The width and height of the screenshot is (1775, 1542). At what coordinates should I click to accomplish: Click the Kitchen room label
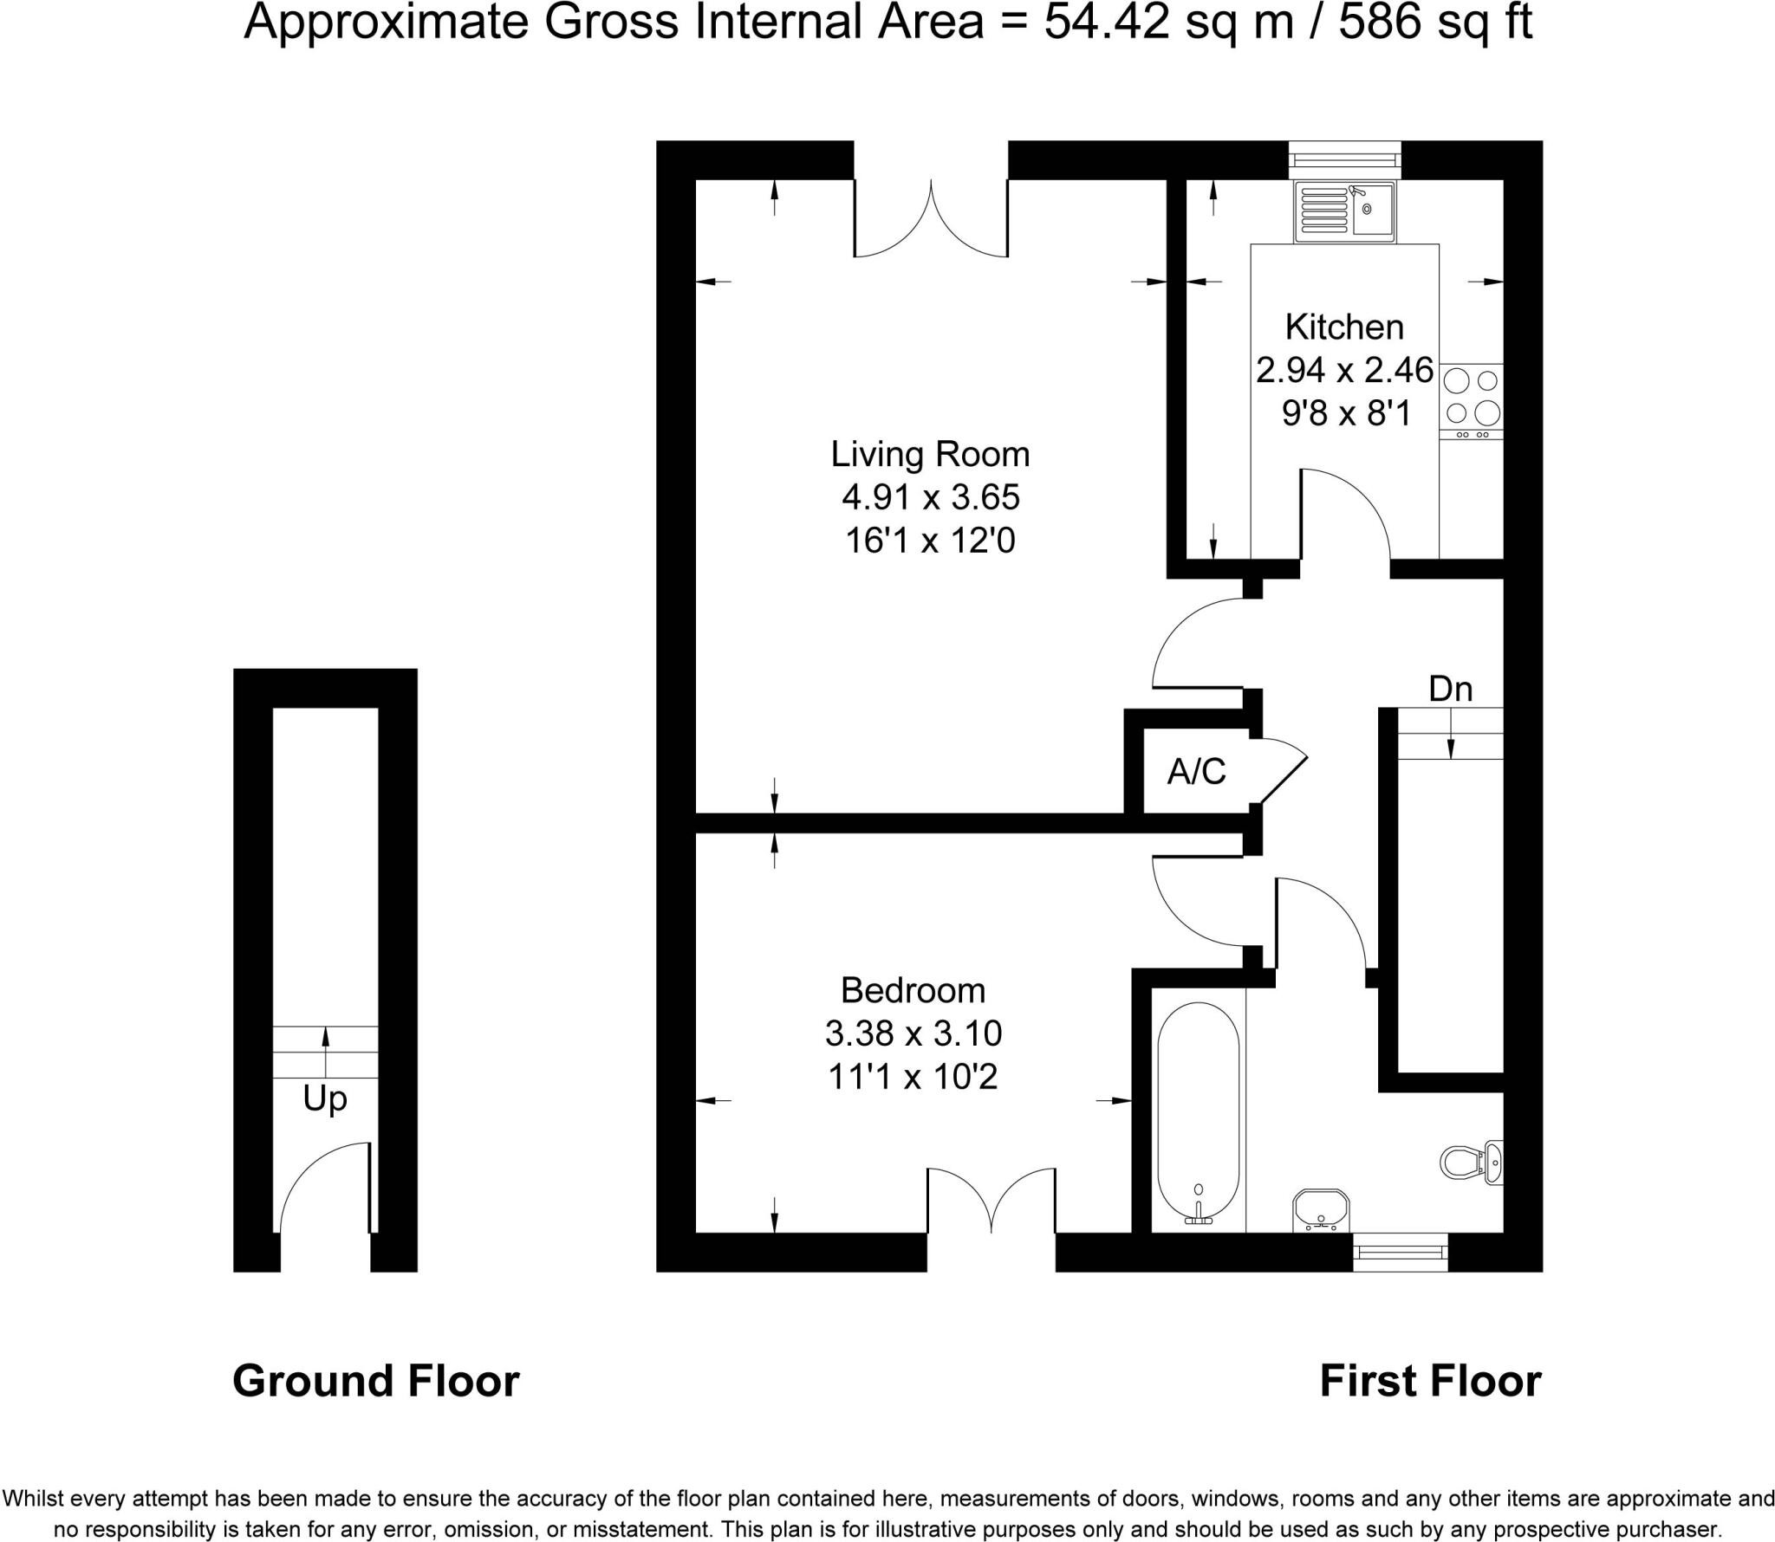[x=1344, y=327]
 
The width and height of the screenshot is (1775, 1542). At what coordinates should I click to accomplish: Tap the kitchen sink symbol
[x=1345, y=212]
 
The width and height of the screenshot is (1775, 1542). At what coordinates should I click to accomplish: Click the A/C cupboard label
[x=1197, y=770]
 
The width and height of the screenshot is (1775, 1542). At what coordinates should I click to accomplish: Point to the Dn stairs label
[x=1450, y=689]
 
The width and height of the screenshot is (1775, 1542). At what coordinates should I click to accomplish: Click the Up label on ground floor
[x=325, y=1098]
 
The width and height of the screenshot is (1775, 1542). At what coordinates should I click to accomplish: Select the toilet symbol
[x=1471, y=1161]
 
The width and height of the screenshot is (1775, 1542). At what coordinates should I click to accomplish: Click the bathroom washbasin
[x=1320, y=1208]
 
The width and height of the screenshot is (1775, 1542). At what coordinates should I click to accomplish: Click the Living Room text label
[x=930, y=454]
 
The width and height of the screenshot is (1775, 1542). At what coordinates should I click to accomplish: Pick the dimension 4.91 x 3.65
[x=930, y=497]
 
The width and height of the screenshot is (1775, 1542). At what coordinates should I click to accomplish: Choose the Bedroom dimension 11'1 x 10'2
[x=914, y=1077]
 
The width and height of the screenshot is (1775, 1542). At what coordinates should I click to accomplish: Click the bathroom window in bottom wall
[x=1400, y=1252]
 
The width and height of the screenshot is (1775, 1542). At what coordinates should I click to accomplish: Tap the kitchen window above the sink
[x=1344, y=159]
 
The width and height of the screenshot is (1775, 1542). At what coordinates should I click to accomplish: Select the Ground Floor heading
[x=375, y=1381]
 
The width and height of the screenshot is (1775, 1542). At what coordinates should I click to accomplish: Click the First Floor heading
[x=1430, y=1381]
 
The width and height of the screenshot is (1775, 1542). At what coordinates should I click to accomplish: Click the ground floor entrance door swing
[x=321, y=1187]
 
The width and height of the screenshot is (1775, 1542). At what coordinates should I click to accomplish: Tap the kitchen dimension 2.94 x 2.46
[x=1344, y=371]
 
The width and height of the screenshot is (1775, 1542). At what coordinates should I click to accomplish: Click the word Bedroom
[x=914, y=990]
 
